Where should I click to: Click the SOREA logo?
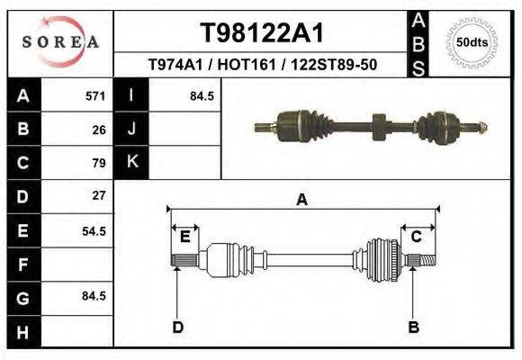(x=60, y=41)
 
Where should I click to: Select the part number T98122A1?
(x=261, y=34)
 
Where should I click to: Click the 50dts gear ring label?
(x=472, y=41)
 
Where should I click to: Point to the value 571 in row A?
(x=95, y=95)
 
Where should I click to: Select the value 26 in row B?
(x=99, y=130)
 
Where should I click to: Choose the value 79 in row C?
(x=99, y=163)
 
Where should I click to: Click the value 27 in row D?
(x=99, y=195)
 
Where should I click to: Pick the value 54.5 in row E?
(x=94, y=231)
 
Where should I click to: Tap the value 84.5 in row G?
(x=94, y=296)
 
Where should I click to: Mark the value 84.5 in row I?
(x=202, y=95)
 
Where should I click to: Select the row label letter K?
(x=131, y=163)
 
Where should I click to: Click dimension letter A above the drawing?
(x=302, y=200)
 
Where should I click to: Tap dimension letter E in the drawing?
(x=184, y=236)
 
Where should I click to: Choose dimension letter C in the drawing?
(x=417, y=236)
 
